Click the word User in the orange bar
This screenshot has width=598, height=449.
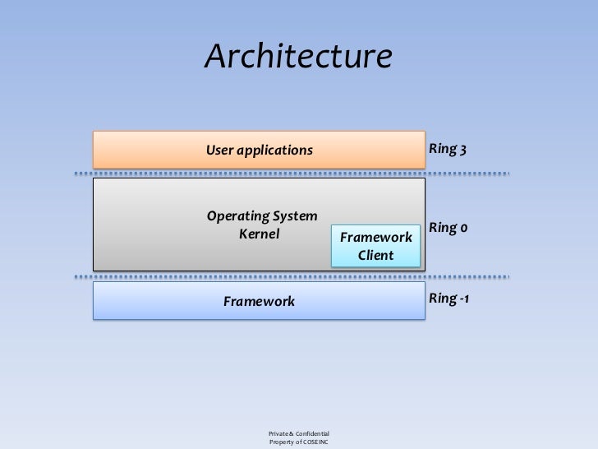219,150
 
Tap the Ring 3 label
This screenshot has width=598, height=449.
448,150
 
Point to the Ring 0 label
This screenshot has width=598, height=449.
448,227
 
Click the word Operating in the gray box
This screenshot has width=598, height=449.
236,216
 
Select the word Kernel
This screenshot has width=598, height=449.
259,234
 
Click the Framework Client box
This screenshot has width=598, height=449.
375,246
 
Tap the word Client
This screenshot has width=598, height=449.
375,256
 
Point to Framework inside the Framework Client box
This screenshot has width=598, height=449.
375,238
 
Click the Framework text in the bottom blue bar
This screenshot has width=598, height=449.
259,302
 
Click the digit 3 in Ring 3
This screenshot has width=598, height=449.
463,150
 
